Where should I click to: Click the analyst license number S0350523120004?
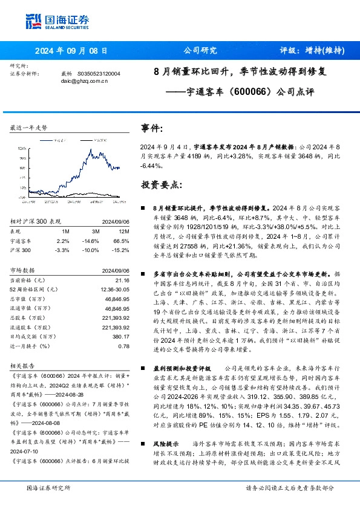click(99, 74)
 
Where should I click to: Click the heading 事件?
click(152, 129)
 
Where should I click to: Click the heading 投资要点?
click(160, 184)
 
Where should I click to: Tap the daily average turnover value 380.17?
click(120, 337)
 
